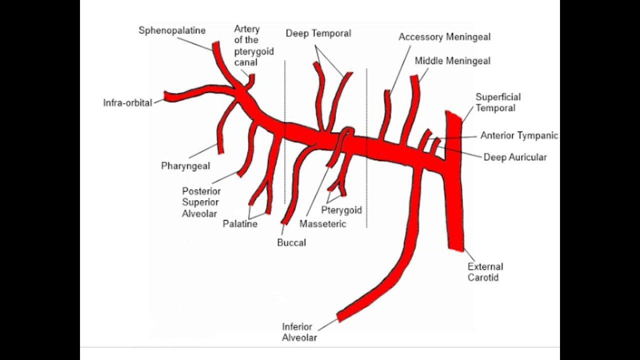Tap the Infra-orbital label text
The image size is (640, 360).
pos(127,103)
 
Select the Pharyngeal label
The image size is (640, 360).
pos(185,165)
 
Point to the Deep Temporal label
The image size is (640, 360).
pos(318,33)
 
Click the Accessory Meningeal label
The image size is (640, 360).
pos(444,37)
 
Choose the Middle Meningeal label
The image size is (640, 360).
pos(452,61)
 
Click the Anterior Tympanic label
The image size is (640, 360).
pos(519,135)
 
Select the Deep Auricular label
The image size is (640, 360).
pos(515,157)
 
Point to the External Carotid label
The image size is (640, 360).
pos(485,272)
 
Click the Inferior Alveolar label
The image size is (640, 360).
pos(299,332)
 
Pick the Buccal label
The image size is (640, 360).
pos(291,242)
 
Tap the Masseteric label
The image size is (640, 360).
pos(322,223)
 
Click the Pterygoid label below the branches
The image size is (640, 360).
pos(341,210)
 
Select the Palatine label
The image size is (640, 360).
pos(240,223)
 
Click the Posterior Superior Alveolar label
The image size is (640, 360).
pos(201,202)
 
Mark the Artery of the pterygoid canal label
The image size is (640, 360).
pos(253,46)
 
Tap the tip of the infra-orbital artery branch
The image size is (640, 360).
pos(167,96)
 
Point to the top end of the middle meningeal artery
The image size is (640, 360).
pos(414,78)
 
